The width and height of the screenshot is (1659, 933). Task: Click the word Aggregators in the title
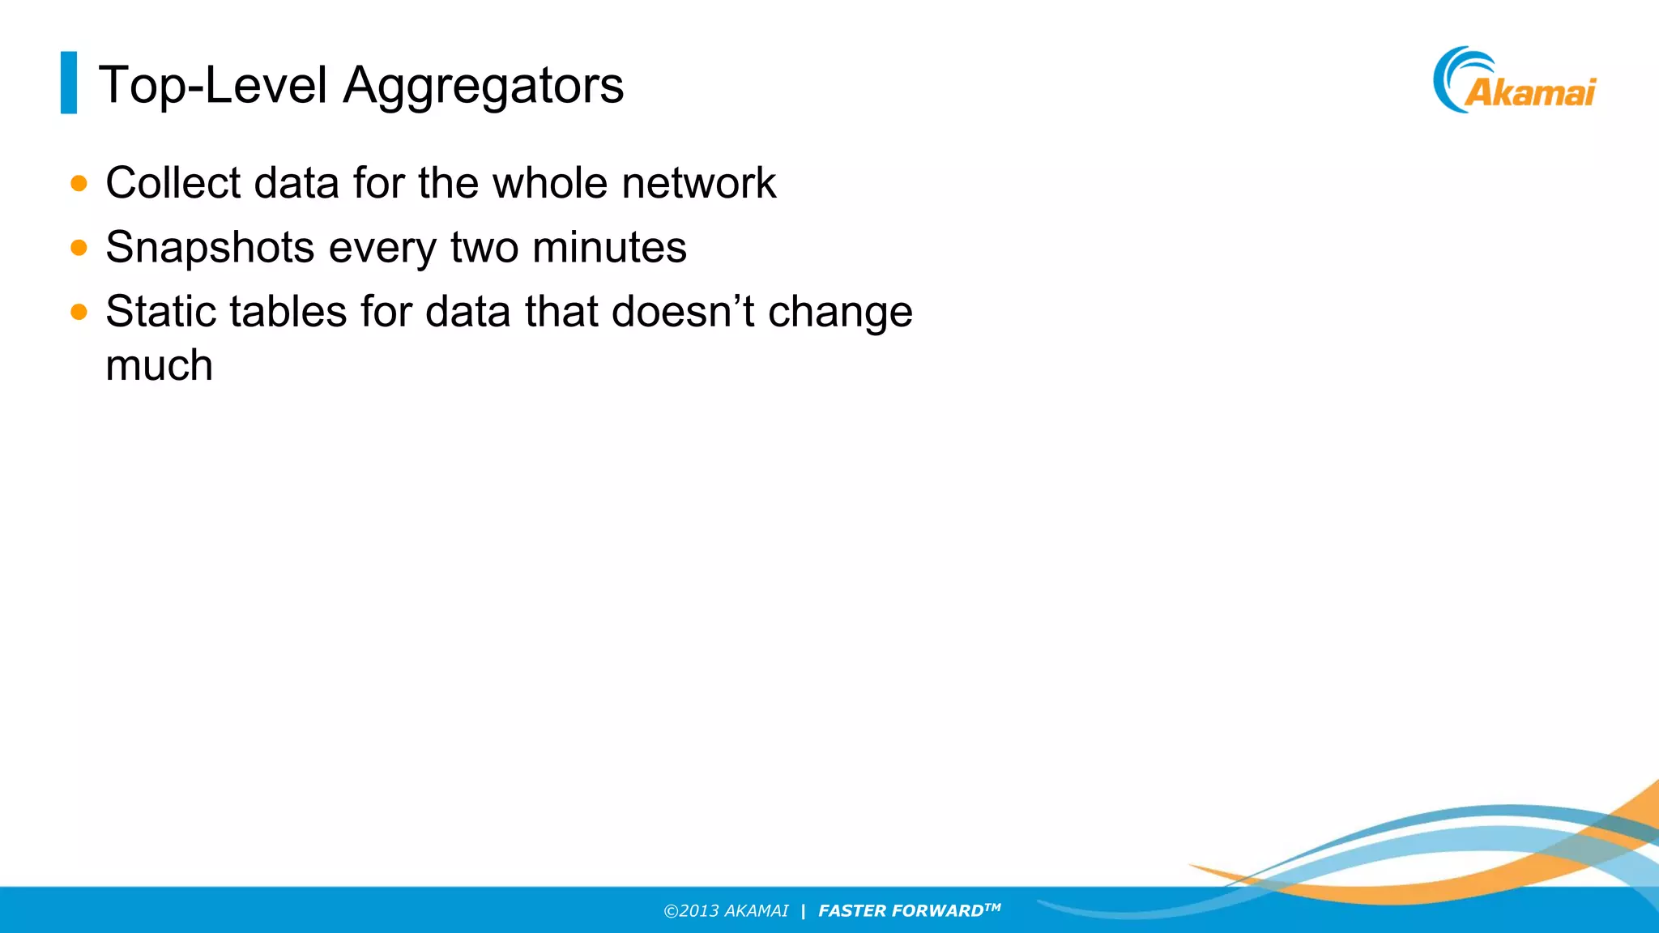(483, 86)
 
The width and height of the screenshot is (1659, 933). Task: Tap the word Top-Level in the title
(213, 84)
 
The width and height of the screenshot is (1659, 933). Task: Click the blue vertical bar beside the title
(69, 83)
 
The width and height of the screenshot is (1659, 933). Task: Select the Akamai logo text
(1530, 92)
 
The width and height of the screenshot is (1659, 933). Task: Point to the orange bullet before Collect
(79, 183)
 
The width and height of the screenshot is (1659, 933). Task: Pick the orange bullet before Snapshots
(79, 247)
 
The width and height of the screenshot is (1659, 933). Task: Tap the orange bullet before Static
(79, 312)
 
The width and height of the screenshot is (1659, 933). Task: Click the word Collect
(173, 182)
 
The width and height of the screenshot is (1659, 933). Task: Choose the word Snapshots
(210, 248)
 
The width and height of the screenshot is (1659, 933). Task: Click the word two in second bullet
(484, 247)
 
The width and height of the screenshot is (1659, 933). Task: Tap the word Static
(160, 311)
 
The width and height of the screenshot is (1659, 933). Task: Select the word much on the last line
(159, 365)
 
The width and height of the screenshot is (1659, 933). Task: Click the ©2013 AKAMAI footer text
(726, 911)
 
